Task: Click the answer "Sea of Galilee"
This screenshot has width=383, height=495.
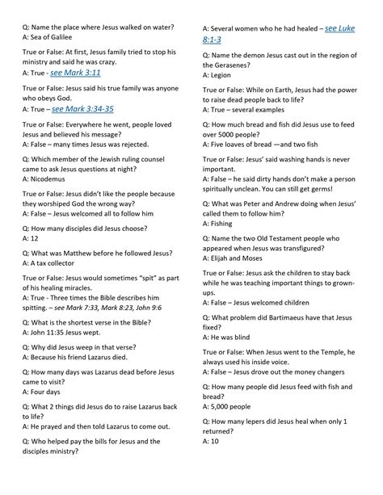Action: [53, 37]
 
